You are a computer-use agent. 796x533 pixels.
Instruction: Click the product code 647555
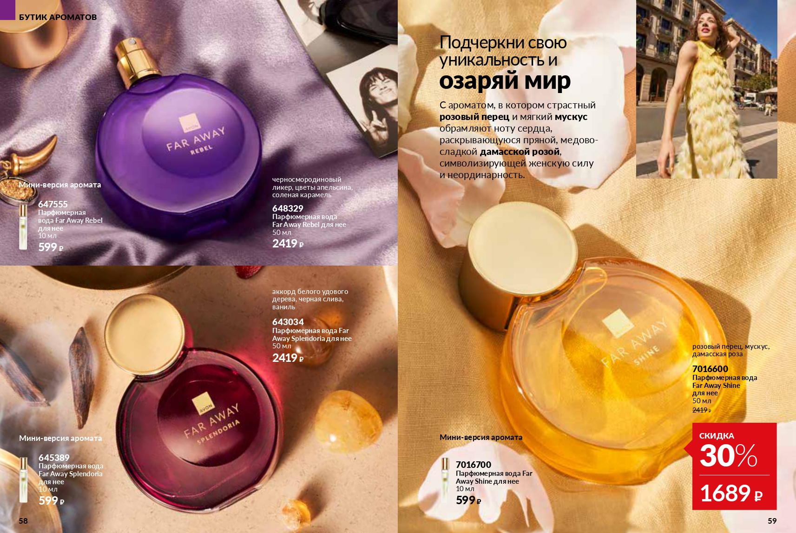click(x=53, y=204)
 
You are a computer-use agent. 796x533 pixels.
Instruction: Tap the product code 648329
click(x=288, y=208)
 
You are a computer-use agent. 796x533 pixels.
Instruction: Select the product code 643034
click(x=288, y=322)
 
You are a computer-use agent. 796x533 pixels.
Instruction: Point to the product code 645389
click(x=54, y=458)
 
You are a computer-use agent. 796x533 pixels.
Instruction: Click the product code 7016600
click(x=710, y=369)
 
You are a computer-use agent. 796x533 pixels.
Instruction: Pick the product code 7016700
click(x=474, y=464)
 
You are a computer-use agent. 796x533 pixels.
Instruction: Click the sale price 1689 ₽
click(x=731, y=493)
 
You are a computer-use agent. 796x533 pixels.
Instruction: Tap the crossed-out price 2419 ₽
click(x=702, y=410)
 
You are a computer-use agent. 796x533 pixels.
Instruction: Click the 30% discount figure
click(x=728, y=455)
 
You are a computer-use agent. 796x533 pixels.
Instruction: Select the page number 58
click(x=23, y=521)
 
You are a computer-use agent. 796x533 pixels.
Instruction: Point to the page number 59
click(x=772, y=521)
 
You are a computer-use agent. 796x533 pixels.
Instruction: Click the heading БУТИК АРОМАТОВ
click(x=58, y=17)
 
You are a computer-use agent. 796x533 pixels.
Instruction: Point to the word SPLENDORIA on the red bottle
click(x=218, y=432)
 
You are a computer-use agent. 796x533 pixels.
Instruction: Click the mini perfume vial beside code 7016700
click(x=445, y=480)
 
